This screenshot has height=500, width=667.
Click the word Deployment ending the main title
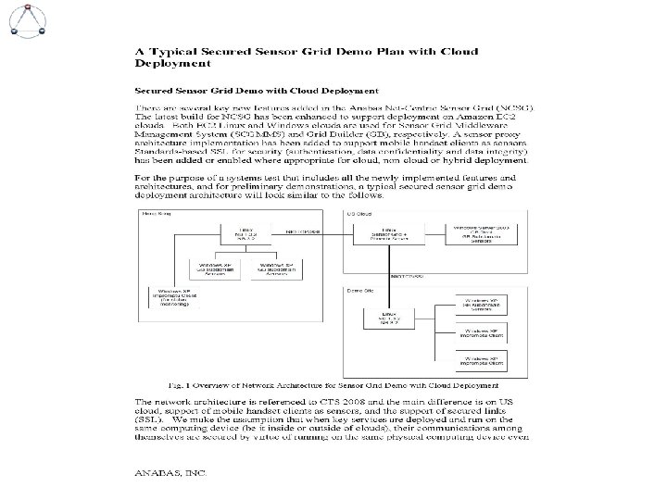172,64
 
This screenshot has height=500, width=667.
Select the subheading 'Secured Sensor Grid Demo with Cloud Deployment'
256,91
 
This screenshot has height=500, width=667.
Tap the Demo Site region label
360,289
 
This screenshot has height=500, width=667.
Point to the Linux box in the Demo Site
393,317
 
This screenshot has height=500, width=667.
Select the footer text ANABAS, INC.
171,471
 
